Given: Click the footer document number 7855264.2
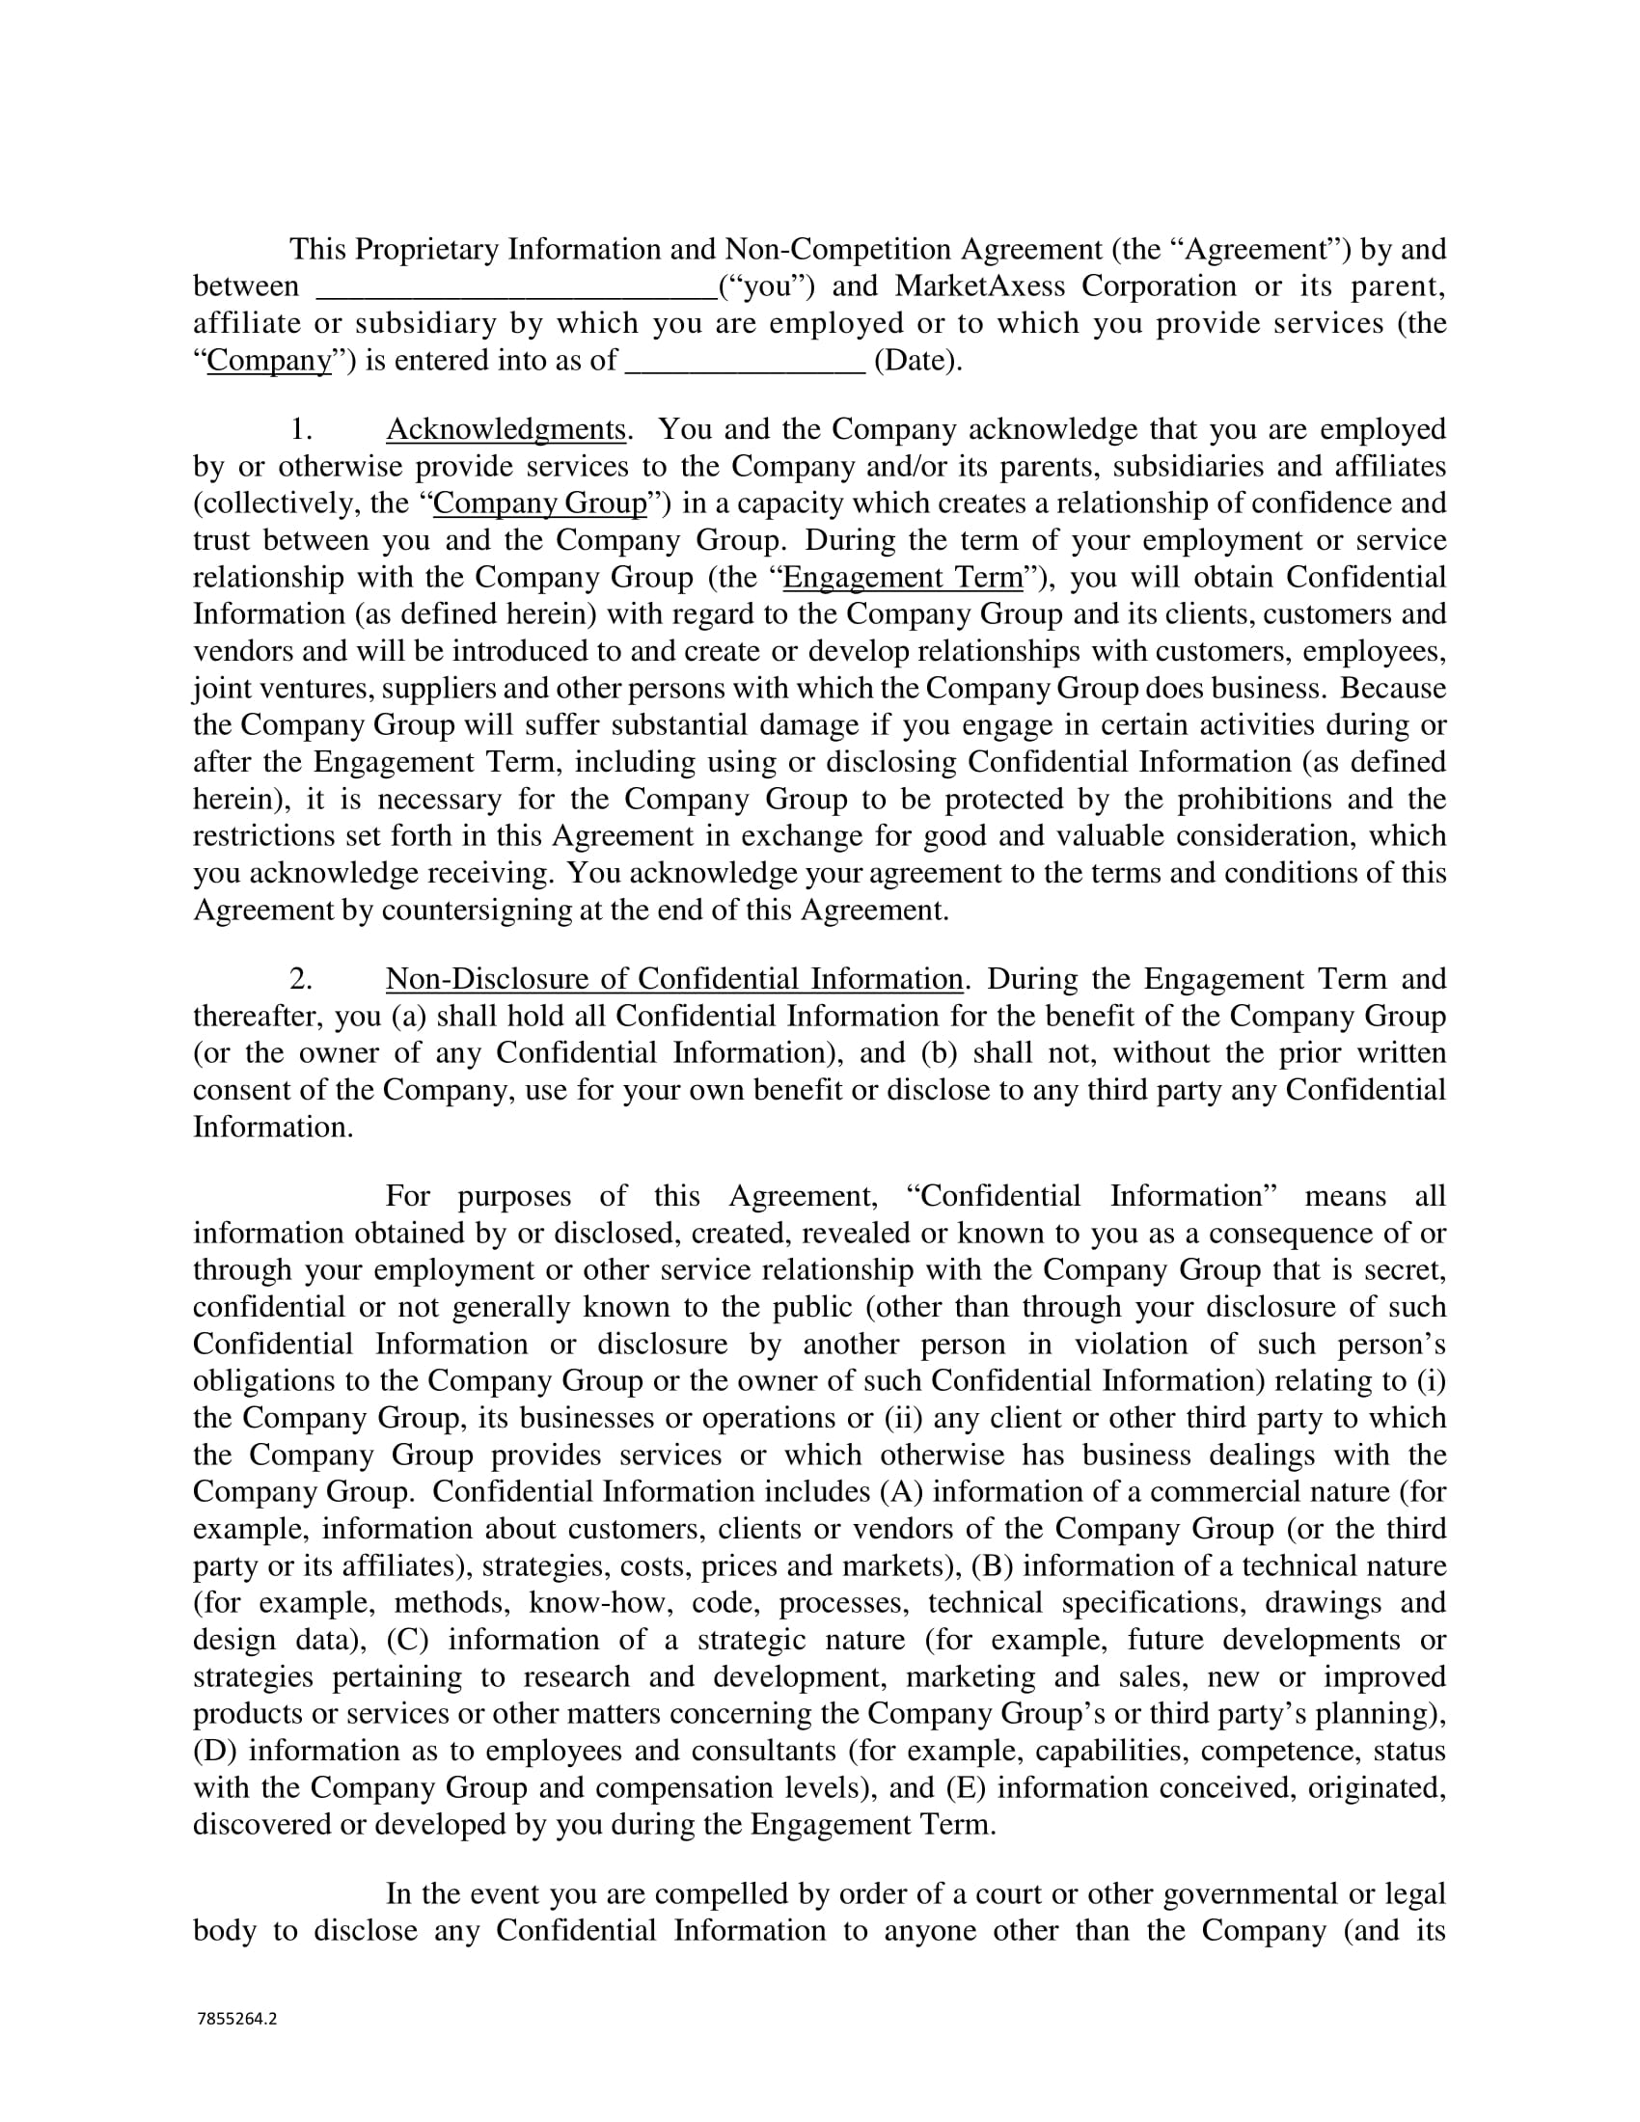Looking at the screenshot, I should [237, 2019].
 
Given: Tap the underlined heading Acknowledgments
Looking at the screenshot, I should [506, 429].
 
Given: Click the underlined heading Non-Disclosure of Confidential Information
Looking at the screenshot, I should [674, 978].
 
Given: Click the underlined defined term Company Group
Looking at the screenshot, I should [540, 503].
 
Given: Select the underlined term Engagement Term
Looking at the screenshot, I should [904, 577].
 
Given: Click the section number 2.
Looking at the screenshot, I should [301, 978].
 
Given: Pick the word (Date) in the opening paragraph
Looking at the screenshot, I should [918, 362].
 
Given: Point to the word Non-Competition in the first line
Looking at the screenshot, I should [838, 250].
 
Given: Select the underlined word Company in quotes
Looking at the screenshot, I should [269, 362].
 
